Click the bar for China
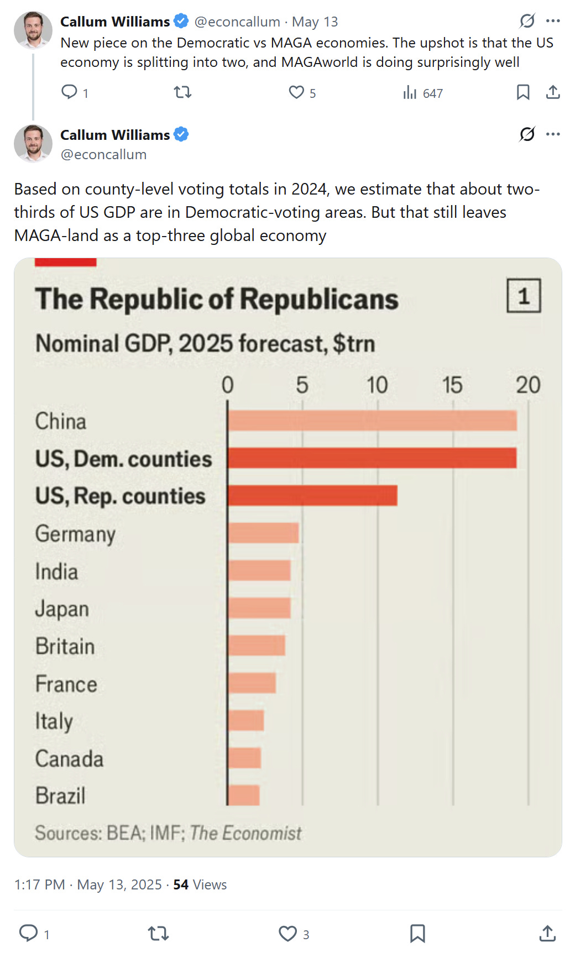(372, 421)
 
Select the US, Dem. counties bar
(372, 458)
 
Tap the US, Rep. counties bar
(312, 496)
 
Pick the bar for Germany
(263, 533)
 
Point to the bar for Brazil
(244, 795)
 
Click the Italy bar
(246, 721)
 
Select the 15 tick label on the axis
(452, 385)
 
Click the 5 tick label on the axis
(302, 385)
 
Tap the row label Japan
(62, 609)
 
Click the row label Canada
(69, 758)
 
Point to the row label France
(66, 684)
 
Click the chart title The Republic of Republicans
(217, 299)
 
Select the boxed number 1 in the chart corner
(524, 296)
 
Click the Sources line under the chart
(168, 832)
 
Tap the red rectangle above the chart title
(65, 263)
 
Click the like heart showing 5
(297, 92)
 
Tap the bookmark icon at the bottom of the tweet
(417, 934)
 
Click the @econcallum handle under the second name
(103, 155)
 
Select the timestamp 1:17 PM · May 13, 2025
(88, 885)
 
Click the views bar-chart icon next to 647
(410, 92)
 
